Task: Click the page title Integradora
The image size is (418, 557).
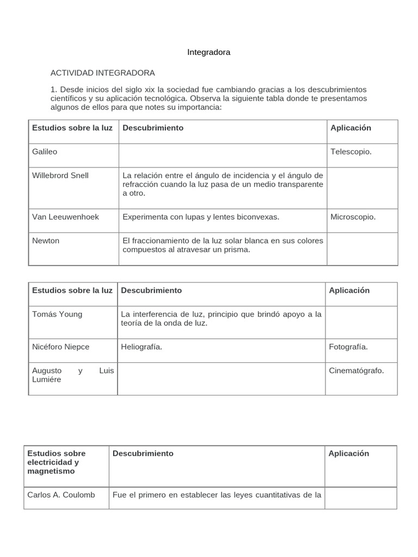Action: pyautogui.click(x=208, y=52)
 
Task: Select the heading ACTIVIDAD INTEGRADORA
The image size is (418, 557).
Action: pyautogui.click(x=102, y=72)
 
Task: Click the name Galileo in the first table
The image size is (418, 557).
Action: pyautogui.click(x=45, y=152)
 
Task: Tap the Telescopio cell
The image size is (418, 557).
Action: pyautogui.click(x=351, y=152)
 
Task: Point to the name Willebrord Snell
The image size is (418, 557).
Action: pyautogui.click(x=60, y=175)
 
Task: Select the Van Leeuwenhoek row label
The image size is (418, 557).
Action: pyautogui.click(x=65, y=216)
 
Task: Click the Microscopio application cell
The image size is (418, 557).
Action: pyautogui.click(x=353, y=216)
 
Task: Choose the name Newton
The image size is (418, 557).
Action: pyautogui.click(x=46, y=240)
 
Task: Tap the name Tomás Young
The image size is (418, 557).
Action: pyautogui.click(x=57, y=314)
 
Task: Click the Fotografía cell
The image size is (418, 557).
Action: pyautogui.click(x=348, y=346)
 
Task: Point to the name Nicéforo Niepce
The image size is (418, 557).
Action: pyautogui.click(x=60, y=346)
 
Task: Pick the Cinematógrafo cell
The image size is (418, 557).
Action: pyautogui.click(x=356, y=370)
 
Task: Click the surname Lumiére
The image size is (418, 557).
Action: pyautogui.click(x=47, y=379)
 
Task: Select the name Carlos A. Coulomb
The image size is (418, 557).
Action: pyautogui.click(x=61, y=494)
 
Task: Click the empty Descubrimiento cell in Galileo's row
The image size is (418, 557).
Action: pyautogui.click(x=223, y=155)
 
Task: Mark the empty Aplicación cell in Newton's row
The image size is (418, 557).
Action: pyautogui.click(x=362, y=249)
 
